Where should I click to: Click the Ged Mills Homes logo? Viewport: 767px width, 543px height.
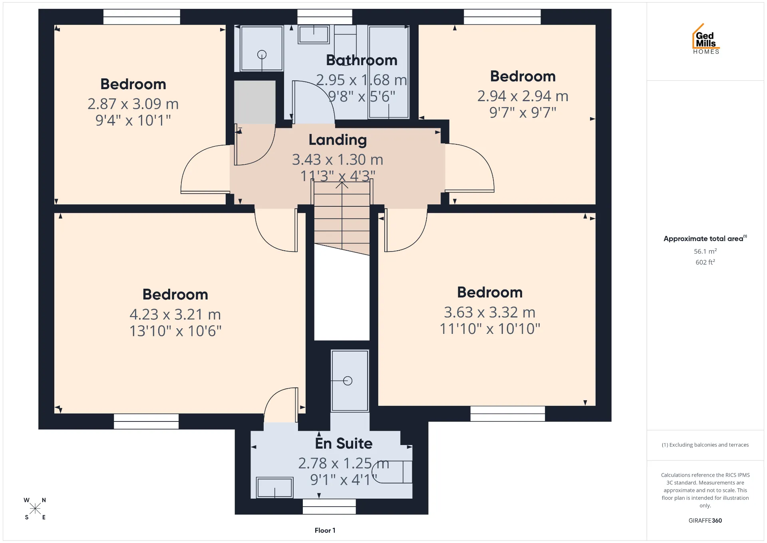tap(706, 39)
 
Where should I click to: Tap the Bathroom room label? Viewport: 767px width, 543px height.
tap(362, 60)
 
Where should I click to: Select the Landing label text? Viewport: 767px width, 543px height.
tap(338, 140)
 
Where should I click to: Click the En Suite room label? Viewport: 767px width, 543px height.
tap(344, 443)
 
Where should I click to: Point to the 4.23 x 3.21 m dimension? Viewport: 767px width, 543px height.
tap(175, 314)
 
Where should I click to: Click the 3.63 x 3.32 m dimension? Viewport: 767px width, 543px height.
tap(490, 312)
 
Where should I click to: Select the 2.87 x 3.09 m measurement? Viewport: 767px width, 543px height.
tap(133, 104)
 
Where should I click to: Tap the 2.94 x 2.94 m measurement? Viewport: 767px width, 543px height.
tap(523, 96)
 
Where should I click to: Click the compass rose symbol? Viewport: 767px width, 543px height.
tap(35, 509)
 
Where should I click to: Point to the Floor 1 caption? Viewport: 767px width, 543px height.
tap(325, 530)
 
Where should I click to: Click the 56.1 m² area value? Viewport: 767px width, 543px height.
tap(705, 251)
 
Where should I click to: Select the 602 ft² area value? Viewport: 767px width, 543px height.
tap(705, 262)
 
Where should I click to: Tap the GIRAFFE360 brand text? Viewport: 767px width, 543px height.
tap(705, 520)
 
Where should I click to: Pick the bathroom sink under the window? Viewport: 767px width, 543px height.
tap(314, 34)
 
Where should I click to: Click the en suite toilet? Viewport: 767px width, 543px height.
tap(392, 472)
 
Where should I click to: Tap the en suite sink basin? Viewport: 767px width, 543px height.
tap(274, 487)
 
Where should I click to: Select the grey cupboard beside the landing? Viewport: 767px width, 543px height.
tap(254, 102)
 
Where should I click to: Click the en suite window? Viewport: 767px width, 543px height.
tap(329, 507)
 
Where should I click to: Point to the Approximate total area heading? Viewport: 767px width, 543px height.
tap(705, 238)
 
